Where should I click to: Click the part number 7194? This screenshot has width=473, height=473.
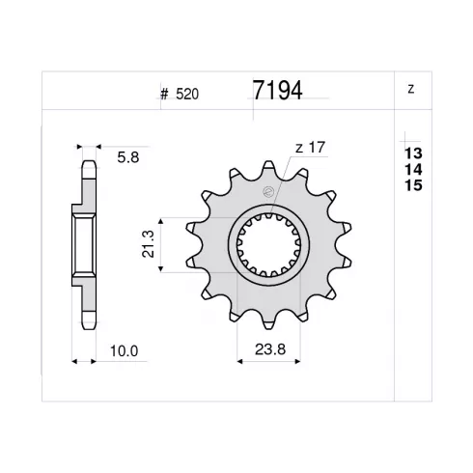coord(277,91)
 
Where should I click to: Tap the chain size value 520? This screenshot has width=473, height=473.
coord(187,95)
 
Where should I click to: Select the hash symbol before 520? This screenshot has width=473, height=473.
coord(164,95)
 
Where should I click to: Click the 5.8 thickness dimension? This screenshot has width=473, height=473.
coord(128,157)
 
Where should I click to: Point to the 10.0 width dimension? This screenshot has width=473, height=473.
coord(124,351)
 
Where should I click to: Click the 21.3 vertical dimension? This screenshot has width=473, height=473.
coord(149,244)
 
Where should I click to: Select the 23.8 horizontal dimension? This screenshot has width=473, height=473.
coord(270,349)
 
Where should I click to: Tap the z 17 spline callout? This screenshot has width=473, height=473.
coord(310,148)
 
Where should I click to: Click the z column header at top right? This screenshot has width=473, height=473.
coord(410,89)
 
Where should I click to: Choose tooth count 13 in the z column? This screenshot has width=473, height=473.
coord(413,153)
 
